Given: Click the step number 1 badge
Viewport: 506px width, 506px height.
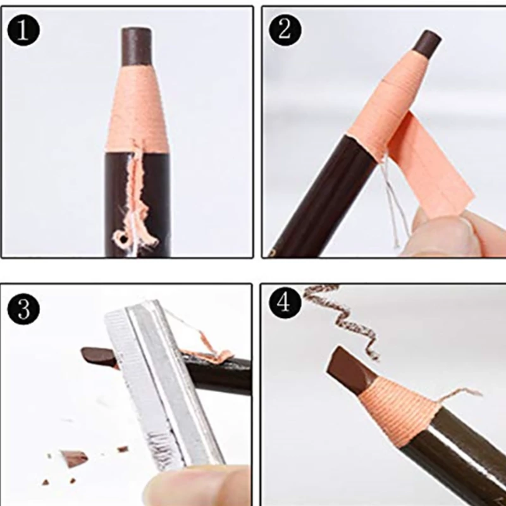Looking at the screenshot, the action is pyautogui.click(x=23, y=31).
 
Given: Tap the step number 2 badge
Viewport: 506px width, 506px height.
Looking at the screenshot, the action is pyautogui.click(x=285, y=31).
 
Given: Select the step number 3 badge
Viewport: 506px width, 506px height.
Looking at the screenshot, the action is pyautogui.click(x=23, y=309).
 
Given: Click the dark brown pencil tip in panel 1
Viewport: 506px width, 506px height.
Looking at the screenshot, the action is pyautogui.click(x=136, y=47).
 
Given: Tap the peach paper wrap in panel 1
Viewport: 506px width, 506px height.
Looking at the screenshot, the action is pyautogui.click(x=137, y=109).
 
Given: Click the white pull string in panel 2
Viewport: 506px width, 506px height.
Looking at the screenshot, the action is pyautogui.click(x=392, y=200).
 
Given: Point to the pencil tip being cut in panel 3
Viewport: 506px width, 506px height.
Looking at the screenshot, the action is pyautogui.click(x=99, y=357).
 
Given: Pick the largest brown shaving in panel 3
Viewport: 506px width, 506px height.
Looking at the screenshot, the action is pyautogui.click(x=74, y=457).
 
